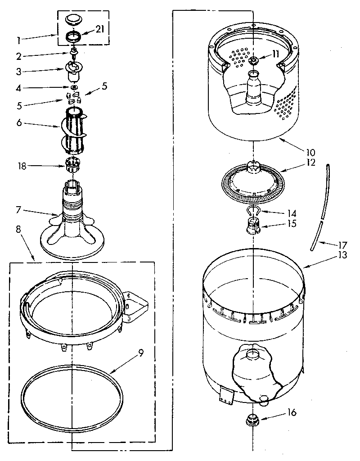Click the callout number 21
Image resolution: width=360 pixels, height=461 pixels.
[100, 29]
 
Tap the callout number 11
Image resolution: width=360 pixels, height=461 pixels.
[275, 54]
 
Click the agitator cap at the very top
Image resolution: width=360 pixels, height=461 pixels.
[72, 19]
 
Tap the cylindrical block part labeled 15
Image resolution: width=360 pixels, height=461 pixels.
[254, 224]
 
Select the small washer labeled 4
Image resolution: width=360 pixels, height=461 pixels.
[73, 87]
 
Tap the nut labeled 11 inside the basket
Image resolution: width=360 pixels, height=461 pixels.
[253, 61]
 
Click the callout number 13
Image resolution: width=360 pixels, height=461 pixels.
[342, 255]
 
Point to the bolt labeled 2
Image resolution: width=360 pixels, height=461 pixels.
[72, 56]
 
